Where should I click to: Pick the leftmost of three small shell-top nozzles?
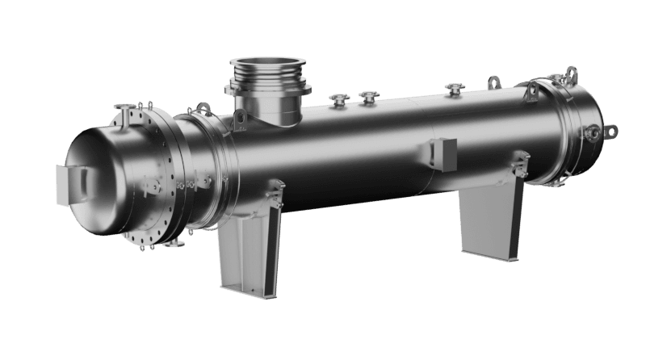pyautogui.click(x=338, y=100)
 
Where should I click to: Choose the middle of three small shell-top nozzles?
pyautogui.click(x=369, y=97)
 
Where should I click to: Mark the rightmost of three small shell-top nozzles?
pyautogui.click(x=451, y=87)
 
